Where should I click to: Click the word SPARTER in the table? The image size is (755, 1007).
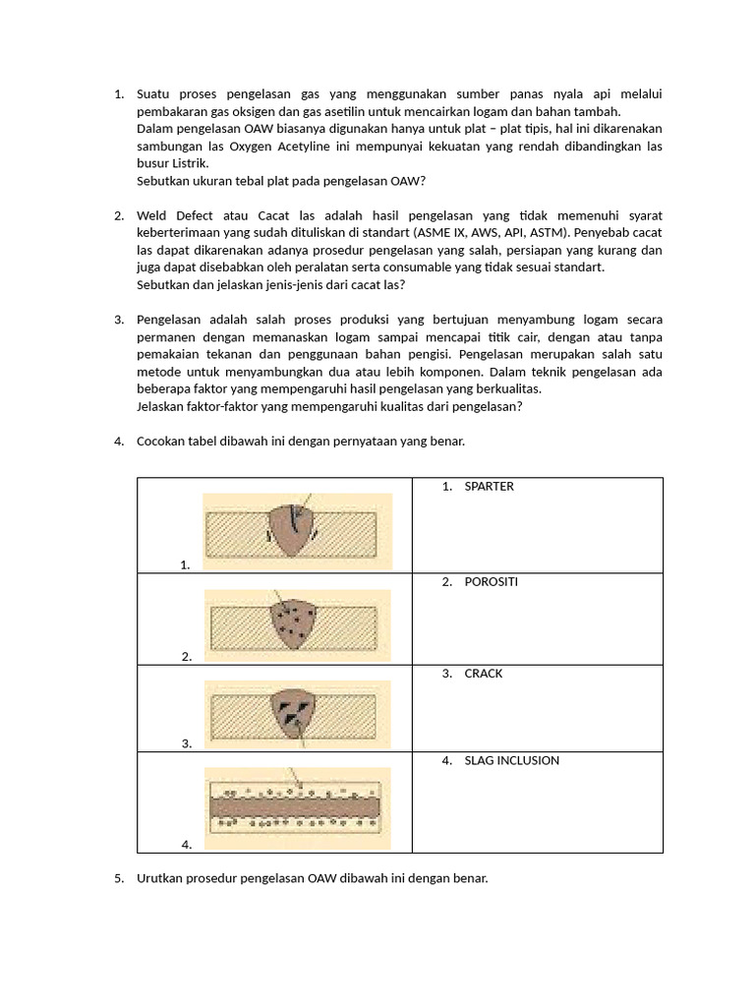[x=490, y=487]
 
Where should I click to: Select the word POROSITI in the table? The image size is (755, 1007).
[x=492, y=582]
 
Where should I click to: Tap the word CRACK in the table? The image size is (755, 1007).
[x=484, y=674]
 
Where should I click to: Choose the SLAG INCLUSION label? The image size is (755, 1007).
[x=512, y=760]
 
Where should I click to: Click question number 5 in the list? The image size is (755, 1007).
[x=120, y=878]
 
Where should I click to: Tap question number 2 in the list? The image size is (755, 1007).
[x=120, y=215]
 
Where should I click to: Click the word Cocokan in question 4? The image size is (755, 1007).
[x=163, y=442]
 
